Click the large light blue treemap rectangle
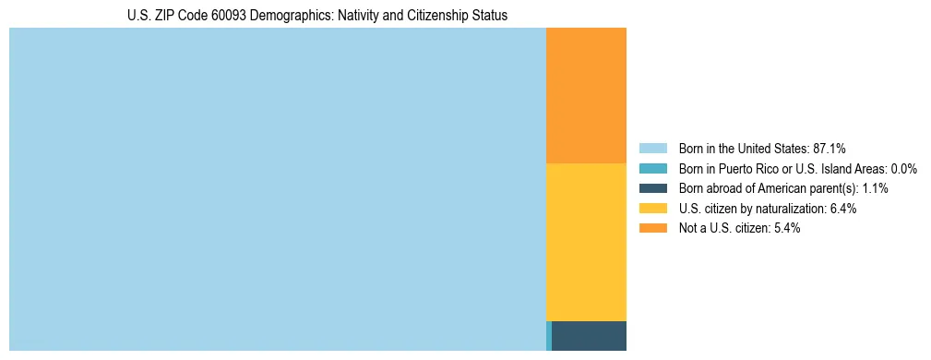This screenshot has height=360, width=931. pos(277,189)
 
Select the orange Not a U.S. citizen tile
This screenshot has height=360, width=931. pos(586,95)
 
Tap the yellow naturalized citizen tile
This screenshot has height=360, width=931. pos(586,242)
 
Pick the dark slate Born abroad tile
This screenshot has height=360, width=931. pos(589,336)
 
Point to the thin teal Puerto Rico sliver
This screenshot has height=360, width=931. pos(549,336)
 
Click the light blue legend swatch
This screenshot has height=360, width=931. pos(652,148)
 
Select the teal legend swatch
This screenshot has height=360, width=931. pos(652,168)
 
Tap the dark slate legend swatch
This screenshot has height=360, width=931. pos(652,188)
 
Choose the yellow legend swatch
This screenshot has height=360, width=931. pos(652,209)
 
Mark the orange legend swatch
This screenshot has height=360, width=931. pos(652,228)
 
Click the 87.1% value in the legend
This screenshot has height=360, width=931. pos(829,148)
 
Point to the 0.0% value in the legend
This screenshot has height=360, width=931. pos(903,168)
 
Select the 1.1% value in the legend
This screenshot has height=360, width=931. pos(874,188)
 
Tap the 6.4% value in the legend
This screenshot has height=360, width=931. pos(842,209)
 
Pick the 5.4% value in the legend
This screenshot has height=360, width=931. pos(785,228)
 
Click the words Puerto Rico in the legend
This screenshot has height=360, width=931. pos(747,168)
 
